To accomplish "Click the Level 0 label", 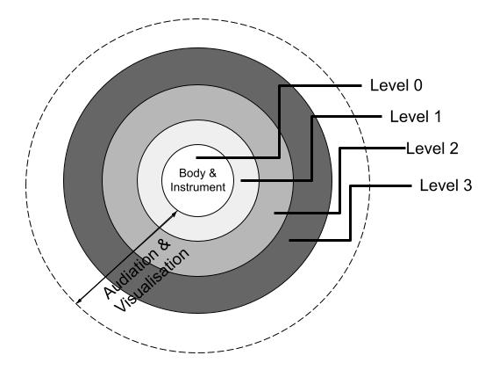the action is (x=396, y=85).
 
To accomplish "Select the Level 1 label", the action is (x=416, y=117).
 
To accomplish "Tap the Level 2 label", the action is (x=432, y=149).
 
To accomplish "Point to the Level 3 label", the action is (x=446, y=185).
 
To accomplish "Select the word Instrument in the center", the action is (x=197, y=187).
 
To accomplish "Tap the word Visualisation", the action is (x=153, y=279).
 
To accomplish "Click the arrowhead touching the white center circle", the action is (x=175, y=214).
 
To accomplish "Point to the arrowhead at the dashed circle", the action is (x=79, y=301).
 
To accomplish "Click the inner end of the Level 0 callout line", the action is (x=196, y=158).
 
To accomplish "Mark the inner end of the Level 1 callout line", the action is (x=241, y=180).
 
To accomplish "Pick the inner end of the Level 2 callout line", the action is (x=275, y=214).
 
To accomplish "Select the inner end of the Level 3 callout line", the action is (x=289, y=240).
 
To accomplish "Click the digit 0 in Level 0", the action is (x=417, y=85).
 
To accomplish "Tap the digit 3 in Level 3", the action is (x=467, y=185).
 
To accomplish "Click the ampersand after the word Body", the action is (x=212, y=173).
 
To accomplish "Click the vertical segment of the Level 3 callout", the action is (x=350, y=214).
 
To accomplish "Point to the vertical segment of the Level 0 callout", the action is (x=279, y=122).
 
